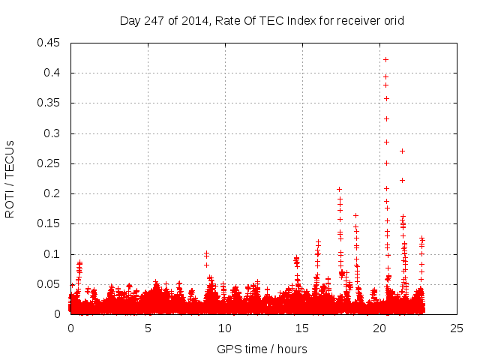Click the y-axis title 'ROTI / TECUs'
pos(10,178)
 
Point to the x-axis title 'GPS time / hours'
pos(262,349)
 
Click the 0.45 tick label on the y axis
pos(50,43)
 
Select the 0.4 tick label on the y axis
pos(53,73)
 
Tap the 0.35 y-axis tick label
pos(50,103)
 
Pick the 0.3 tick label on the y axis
pos(53,133)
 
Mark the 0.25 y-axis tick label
pos(50,163)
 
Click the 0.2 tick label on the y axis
pos(53,193)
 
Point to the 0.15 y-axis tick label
pos(50,223)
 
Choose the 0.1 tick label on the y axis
pos(53,254)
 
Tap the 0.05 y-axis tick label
pos(50,284)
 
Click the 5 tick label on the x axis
pos(148,328)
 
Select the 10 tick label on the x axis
pos(225,328)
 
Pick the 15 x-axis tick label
pos(302,328)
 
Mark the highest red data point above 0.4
pos(386,59)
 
